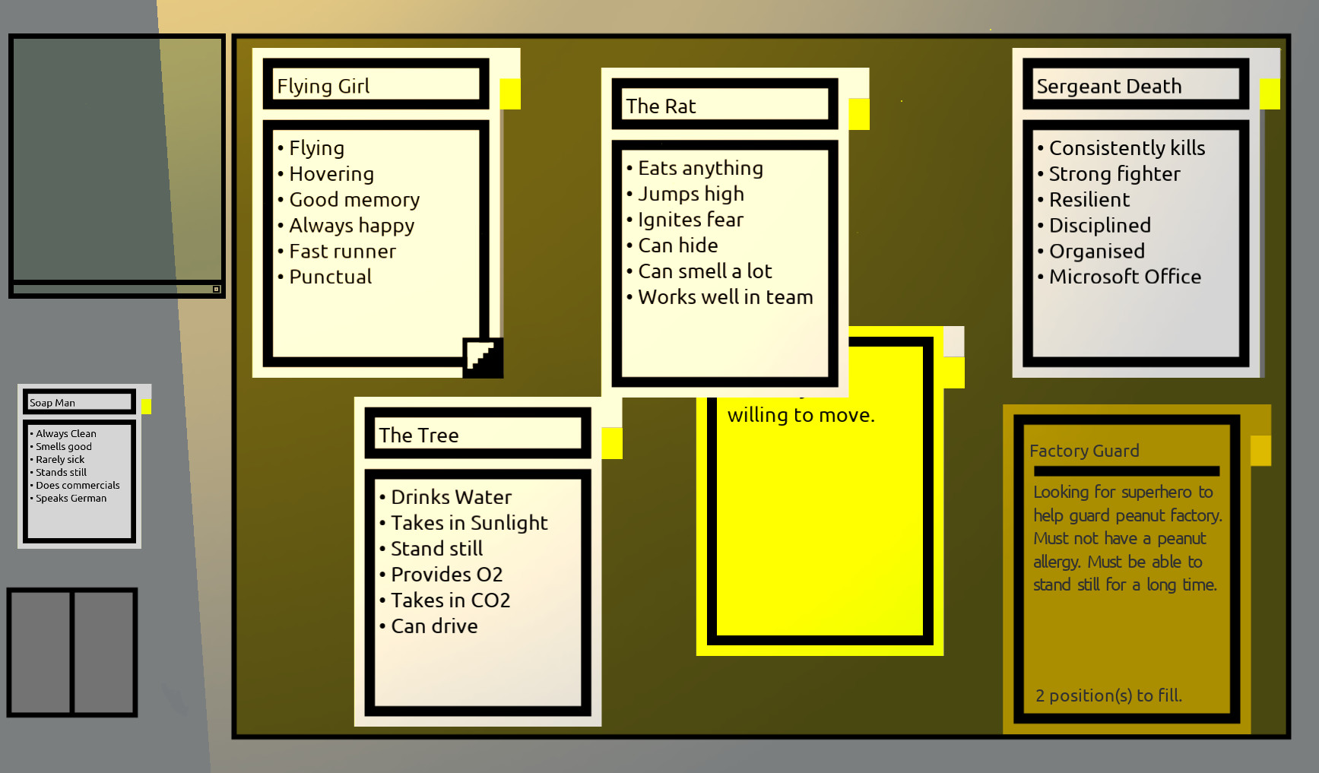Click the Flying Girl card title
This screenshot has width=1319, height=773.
[x=323, y=86]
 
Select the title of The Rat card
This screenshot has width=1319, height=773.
[x=661, y=106]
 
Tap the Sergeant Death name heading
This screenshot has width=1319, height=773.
[x=1108, y=87]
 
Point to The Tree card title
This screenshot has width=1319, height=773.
[x=419, y=436]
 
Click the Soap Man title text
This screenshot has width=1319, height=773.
[x=52, y=403]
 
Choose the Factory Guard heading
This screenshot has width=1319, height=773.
[x=1084, y=451]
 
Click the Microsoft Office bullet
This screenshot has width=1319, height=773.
[x=1124, y=277]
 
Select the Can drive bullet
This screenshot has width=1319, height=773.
[x=434, y=626]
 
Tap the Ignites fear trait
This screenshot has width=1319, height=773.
[x=690, y=220]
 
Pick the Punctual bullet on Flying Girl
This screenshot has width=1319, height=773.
[x=330, y=277]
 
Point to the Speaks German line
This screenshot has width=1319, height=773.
[x=71, y=499]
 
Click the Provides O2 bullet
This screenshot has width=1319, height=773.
[x=446, y=575]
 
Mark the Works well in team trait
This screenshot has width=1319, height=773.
[x=725, y=297]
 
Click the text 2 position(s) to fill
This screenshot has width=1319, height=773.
[x=1108, y=695]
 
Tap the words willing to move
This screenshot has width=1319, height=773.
[x=801, y=415]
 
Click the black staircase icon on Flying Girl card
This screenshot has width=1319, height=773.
[x=483, y=357]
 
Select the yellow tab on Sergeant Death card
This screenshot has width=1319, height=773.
[x=1270, y=94]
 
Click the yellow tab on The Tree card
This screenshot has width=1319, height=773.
[x=612, y=443]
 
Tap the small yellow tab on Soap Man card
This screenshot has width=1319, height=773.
[x=146, y=407]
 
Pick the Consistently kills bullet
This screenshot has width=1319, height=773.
[x=1127, y=148]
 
